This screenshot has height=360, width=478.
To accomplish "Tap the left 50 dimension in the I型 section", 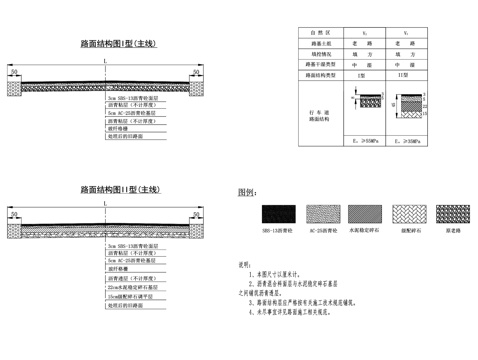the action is (14, 73).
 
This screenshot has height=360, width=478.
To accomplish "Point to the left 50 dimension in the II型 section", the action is (14, 213).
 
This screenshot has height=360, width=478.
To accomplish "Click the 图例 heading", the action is (247, 192).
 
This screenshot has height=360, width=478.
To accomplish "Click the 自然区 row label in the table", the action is (326, 34).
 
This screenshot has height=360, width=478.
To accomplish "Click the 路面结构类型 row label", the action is (326, 75).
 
